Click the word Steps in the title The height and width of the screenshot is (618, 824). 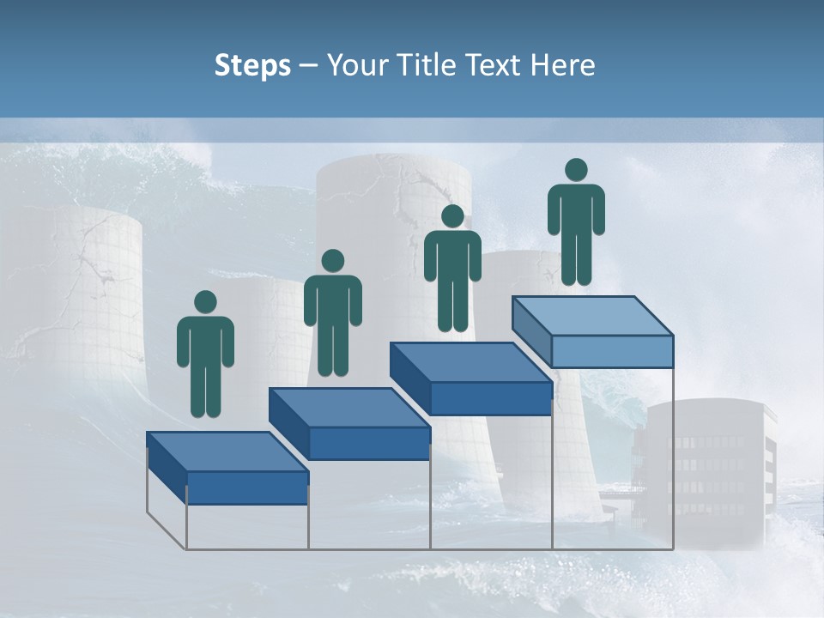click(x=252, y=66)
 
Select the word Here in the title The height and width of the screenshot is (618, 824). click(x=561, y=66)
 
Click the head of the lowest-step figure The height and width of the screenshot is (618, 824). click(x=205, y=302)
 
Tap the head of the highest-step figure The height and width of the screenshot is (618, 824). click(x=576, y=170)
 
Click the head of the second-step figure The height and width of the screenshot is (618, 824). click(x=332, y=261)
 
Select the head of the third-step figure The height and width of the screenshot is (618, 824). click(x=452, y=216)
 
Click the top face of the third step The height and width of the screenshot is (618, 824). click(x=470, y=362)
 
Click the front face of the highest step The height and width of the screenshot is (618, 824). click(x=612, y=351)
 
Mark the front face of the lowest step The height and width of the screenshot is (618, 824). click(x=247, y=488)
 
